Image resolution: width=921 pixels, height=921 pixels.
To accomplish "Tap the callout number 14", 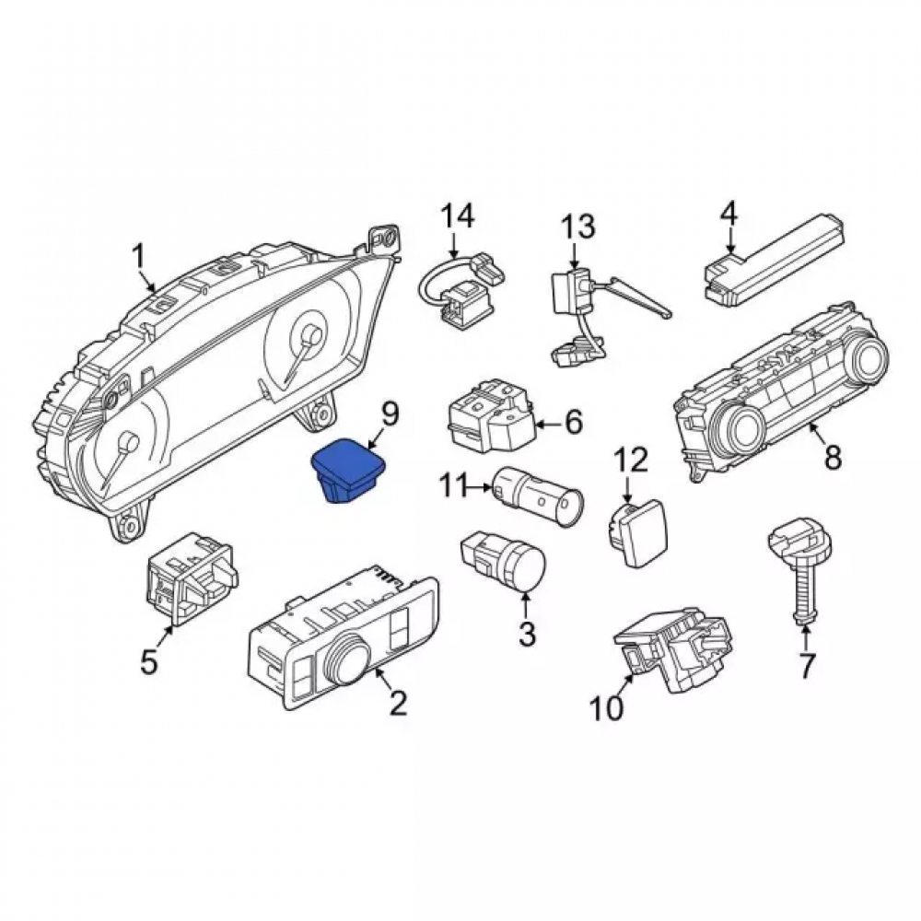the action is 458,216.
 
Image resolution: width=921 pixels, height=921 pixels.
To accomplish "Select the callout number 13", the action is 577,227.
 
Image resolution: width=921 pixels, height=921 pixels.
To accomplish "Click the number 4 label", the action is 729,214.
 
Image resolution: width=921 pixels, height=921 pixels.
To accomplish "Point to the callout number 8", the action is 834,457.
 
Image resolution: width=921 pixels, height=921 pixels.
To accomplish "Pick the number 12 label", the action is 631,460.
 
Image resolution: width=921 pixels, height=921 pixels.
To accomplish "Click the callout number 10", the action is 607,707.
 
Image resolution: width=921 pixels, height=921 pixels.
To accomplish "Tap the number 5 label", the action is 148,661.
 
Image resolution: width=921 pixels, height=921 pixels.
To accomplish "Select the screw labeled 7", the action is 799,570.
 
